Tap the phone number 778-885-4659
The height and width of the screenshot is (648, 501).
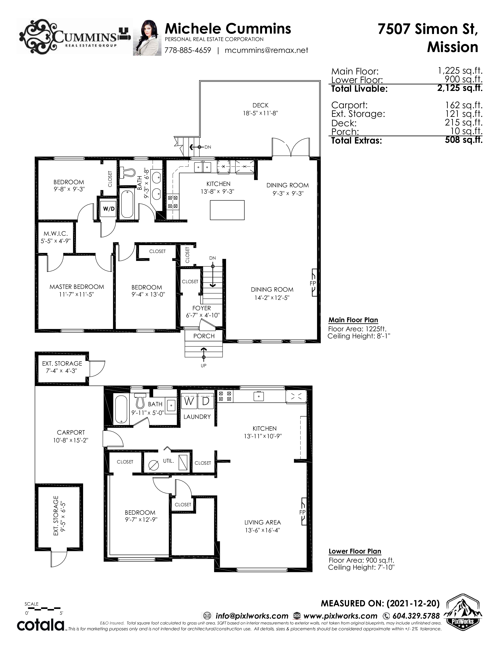188,50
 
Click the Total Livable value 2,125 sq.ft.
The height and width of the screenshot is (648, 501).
460,88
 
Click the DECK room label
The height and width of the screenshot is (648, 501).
260,105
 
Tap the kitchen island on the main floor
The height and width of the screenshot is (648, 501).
227,210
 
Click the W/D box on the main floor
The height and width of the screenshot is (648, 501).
109,209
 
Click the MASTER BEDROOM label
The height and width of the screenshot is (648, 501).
77,287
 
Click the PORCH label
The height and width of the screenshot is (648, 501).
204,336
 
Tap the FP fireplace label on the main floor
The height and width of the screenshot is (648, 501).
313,283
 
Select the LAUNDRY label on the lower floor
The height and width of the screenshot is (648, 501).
197,416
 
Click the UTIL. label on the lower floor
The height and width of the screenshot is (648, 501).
168,461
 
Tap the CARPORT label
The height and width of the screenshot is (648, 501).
71,433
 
